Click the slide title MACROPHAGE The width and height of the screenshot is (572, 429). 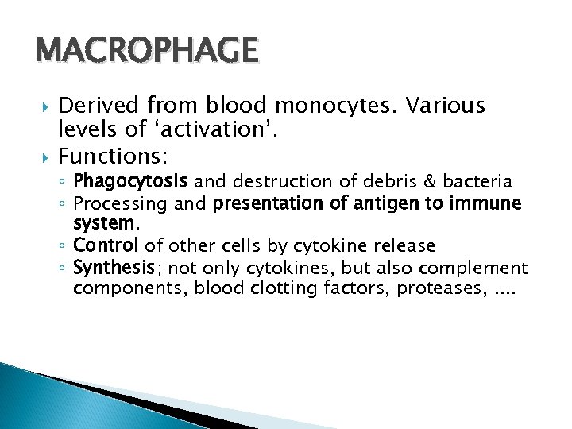pyautogui.click(x=147, y=51)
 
